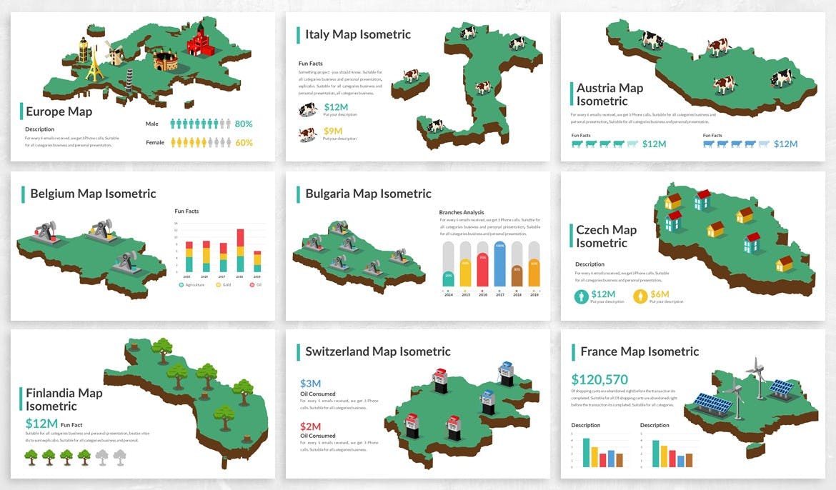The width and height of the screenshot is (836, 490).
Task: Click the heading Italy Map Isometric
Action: coord(358,34)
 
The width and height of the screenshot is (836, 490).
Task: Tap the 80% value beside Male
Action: coord(244,124)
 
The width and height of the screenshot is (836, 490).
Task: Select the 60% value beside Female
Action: coord(244,142)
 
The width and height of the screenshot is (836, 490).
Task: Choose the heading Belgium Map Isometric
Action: coord(93,194)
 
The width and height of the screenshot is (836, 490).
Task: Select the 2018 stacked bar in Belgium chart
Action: coord(240,250)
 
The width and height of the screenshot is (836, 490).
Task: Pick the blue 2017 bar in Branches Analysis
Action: coord(499,264)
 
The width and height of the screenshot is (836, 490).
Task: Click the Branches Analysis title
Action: coord(461,212)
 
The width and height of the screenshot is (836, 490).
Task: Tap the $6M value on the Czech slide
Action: coord(660,294)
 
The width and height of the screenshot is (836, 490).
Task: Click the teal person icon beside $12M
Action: coord(581,296)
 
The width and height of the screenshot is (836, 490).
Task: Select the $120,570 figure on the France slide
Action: coord(599,379)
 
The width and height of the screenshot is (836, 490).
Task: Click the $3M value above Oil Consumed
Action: coord(310,383)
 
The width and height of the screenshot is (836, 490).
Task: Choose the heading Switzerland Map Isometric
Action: coord(377,351)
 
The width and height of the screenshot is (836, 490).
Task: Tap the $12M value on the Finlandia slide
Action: coord(41,424)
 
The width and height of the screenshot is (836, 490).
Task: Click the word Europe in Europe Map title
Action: coord(41,111)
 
